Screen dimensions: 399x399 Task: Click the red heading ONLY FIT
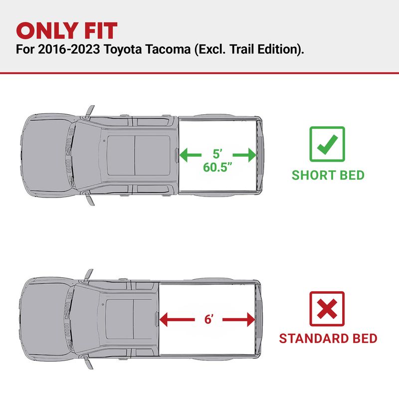[67, 30]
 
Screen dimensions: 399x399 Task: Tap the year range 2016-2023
[69, 49]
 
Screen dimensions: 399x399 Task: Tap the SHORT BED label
[328, 175]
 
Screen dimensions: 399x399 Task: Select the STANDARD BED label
[328, 339]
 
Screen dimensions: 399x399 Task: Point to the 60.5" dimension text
[218, 167]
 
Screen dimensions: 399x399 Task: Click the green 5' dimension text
[217, 154]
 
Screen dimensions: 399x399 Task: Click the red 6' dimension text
[208, 319]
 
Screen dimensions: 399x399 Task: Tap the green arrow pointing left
[191, 155]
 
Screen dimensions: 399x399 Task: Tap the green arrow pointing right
[244, 155]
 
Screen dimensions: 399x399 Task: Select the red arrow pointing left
[177, 320]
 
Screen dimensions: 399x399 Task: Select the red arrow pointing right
[239, 320]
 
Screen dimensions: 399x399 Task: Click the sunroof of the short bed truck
[139, 156]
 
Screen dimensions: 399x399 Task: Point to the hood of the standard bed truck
[45, 319]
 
